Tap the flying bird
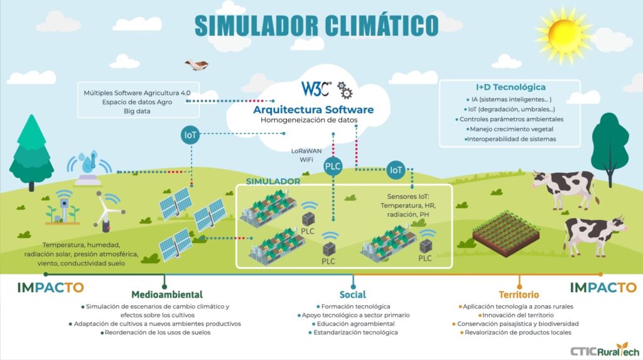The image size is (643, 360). pos(196,64)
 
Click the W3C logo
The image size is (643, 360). pos(315,89)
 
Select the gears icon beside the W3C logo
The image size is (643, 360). pos(345,90)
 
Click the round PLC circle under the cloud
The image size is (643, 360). pos(333,166)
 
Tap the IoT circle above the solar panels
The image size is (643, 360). pos(190,134)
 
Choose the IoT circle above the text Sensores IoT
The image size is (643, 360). pos(396,169)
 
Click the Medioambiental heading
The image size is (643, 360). pos(166,294)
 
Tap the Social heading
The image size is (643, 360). pos(352,294)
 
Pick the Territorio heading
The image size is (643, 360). pos(519,294)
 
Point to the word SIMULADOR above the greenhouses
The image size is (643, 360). pos(273,181)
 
